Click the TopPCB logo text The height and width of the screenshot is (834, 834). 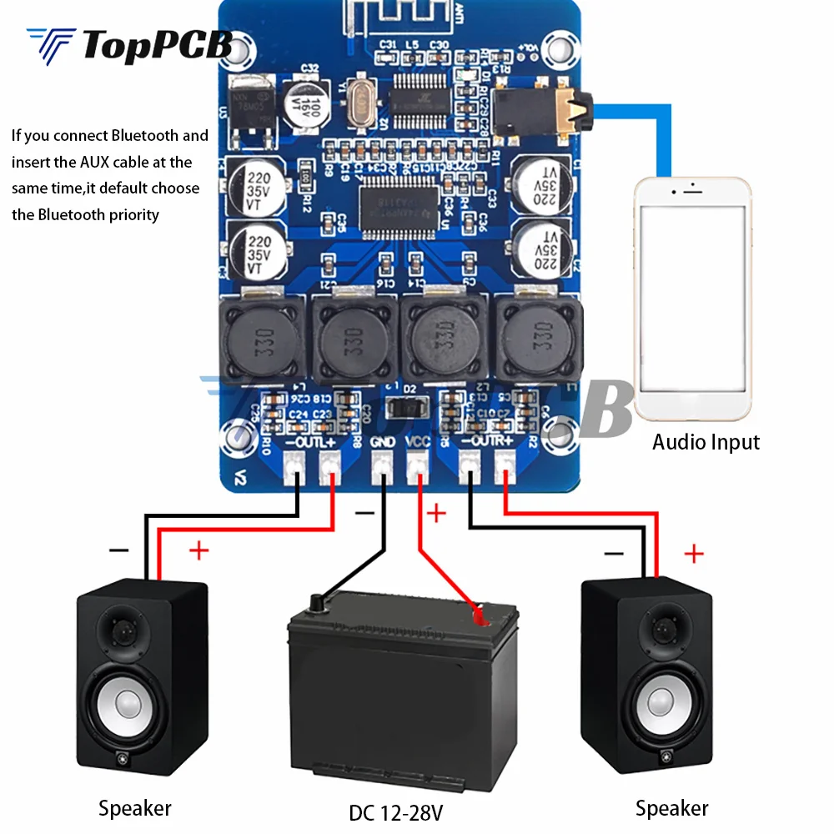(x=157, y=46)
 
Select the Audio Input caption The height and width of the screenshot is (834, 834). (x=706, y=442)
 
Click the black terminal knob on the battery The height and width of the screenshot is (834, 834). (x=318, y=604)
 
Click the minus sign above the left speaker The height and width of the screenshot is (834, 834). (x=119, y=550)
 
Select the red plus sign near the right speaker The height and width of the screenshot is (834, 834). (x=694, y=553)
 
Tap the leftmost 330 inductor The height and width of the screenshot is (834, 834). (x=261, y=337)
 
